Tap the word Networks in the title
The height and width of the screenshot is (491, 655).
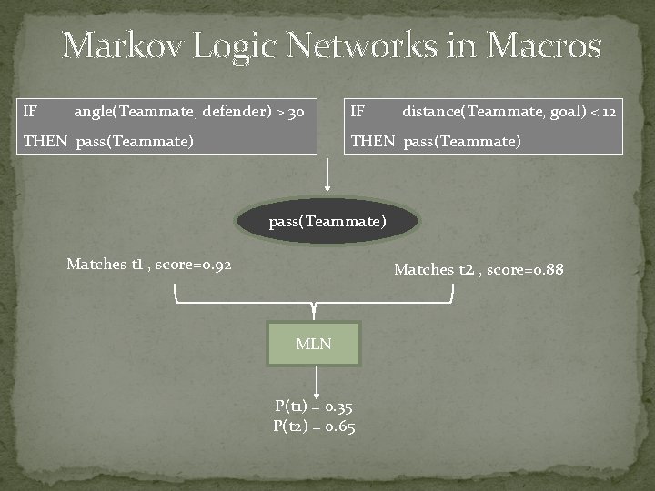(x=378, y=45)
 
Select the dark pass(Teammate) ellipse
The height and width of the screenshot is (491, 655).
(x=327, y=221)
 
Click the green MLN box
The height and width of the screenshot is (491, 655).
(x=314, y=344)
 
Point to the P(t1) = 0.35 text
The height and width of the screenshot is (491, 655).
(x=314, y=407)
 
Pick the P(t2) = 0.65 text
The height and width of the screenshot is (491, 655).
(x=314, y=426)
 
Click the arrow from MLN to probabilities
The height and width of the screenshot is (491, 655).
(x=316, y=380)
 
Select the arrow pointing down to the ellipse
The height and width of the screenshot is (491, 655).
(x=327, y=177)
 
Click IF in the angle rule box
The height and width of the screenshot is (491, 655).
(x=30, y=112)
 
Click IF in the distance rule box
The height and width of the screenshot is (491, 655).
(x=358, y=112)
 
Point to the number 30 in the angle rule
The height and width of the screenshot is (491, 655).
(x=295, y=112)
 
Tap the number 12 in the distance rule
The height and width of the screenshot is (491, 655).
(x=608, y=112)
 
